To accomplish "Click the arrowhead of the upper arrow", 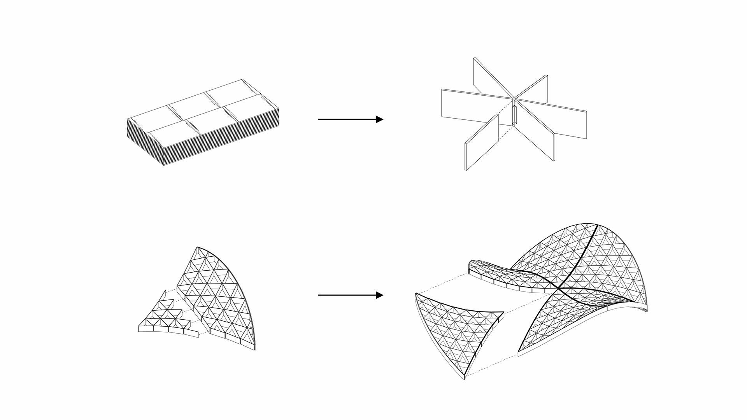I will coord(380,119).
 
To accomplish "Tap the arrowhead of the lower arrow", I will coord(380,295).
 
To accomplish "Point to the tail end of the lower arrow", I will coord(319,295).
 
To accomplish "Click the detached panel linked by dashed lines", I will coord(482,142).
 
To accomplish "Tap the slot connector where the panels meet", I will coord(514,115).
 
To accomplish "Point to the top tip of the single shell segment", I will coord(198,247).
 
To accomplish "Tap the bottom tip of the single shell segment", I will coord(254,349).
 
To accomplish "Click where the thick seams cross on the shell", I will coord(559,288).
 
